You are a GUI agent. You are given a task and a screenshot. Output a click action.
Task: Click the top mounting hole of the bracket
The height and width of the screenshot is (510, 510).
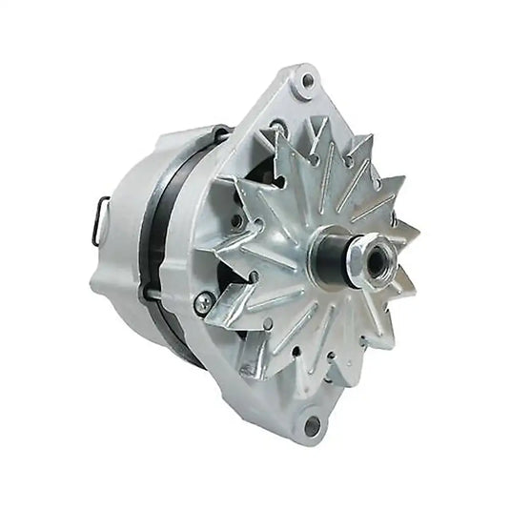(x=307, y=81)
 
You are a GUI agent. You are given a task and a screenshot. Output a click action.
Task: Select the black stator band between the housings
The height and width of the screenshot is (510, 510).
(x=157, y=238)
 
